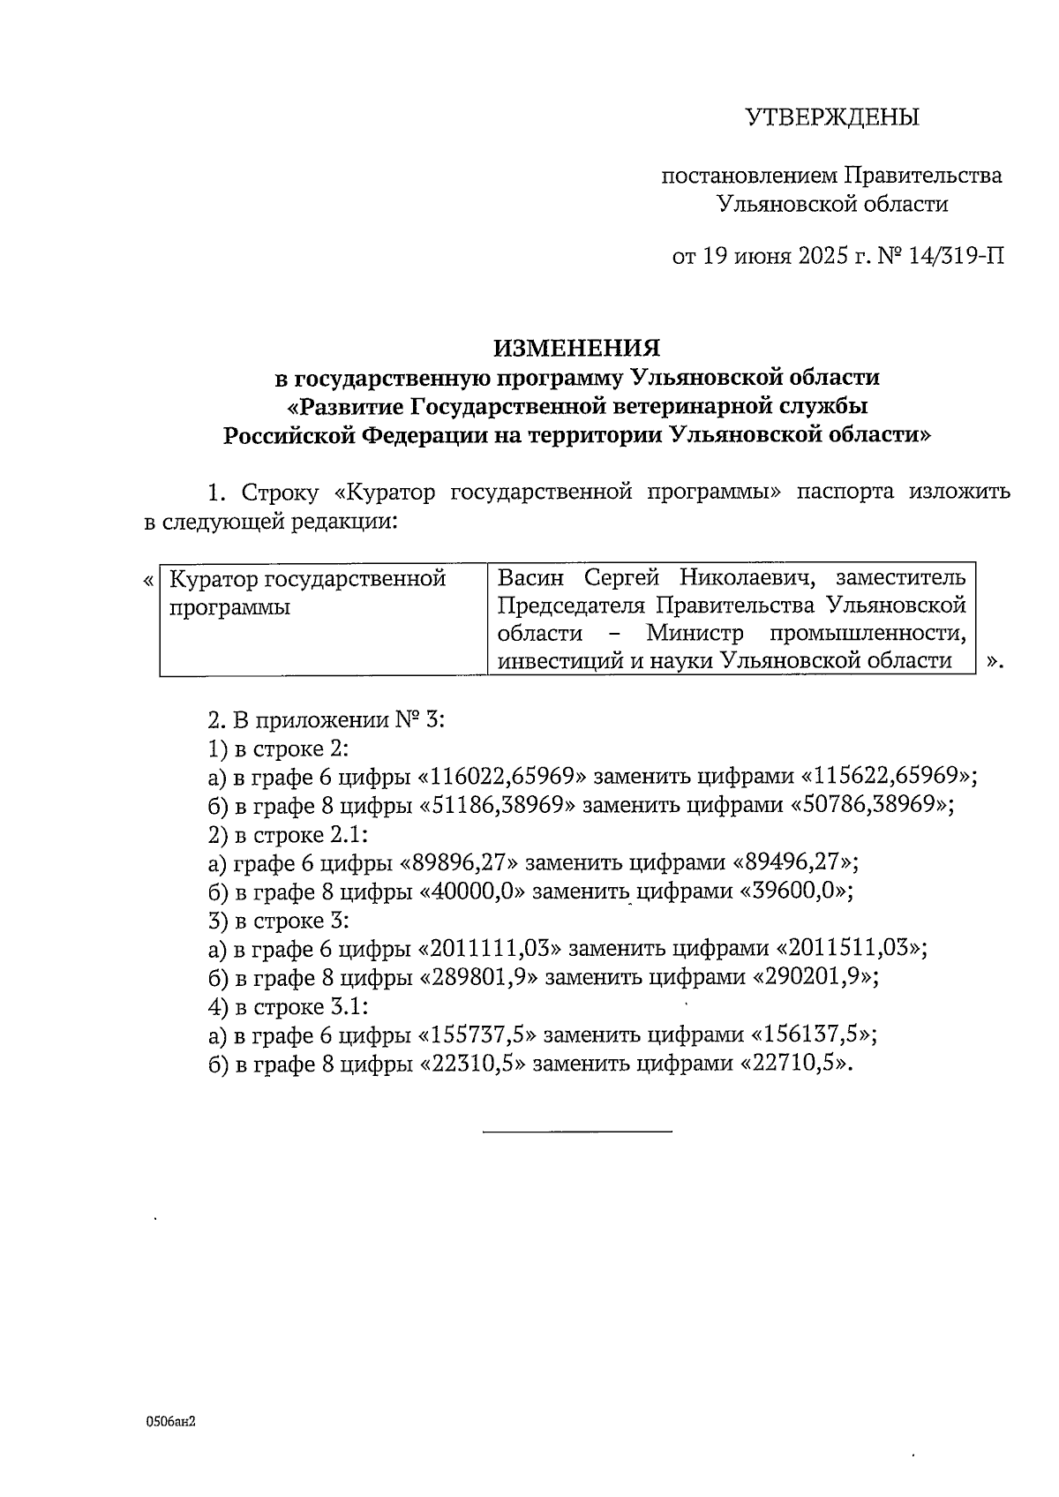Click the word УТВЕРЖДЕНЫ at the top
tap(831, 117)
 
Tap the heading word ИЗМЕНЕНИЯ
tap(576, 348)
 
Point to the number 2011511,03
tap(851, 949)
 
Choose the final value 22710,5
tap(800, 1064)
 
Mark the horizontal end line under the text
tap(577, 1131)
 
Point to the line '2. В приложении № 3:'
tap(326, 719)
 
